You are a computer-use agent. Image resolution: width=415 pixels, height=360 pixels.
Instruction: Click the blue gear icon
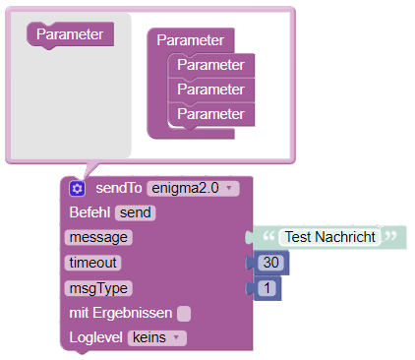click(x=77, y=189)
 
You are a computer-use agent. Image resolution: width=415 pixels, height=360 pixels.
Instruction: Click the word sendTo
click(x=119, y=188)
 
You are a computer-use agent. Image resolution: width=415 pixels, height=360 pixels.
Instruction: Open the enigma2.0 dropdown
click(x=193, y=189)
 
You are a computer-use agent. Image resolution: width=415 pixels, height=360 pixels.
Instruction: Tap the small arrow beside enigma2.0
click(x=229, y=188)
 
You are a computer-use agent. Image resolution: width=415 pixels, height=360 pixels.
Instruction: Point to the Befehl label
click(x=89, y=212)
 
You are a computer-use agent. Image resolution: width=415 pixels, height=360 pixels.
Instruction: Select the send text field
click(x=135, y=212)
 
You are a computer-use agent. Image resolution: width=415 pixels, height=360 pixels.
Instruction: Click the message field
click(x=98, y=237)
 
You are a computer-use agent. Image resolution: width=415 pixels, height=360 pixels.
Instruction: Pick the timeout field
click(x=92, y=263)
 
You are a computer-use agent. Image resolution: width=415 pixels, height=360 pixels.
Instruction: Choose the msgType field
click(x=98, y=288)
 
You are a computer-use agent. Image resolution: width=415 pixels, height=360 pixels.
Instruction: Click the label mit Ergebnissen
click(x=121, y=313)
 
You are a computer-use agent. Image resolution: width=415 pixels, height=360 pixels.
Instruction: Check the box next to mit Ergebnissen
click(x=184, y=314)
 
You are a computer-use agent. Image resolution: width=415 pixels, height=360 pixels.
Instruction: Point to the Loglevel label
click(x=95, y=337)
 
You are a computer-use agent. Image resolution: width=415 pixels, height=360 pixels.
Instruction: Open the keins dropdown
click(x=157, y=337)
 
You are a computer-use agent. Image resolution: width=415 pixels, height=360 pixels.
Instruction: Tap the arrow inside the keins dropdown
click(x=176, y=337)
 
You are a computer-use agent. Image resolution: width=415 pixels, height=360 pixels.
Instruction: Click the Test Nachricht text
click(x=329, y=237)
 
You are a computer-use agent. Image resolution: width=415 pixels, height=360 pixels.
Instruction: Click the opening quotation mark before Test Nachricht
click(x=268, y=235)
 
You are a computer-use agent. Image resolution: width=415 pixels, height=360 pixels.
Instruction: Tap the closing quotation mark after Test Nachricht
click(x=390, y=235)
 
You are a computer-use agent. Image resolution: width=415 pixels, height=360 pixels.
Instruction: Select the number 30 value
click(x=270, y=263)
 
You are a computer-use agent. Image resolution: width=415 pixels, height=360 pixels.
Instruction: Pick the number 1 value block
click(x=267, y=288)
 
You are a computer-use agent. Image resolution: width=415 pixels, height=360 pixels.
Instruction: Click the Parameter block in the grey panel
click(x=70, y=34)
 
